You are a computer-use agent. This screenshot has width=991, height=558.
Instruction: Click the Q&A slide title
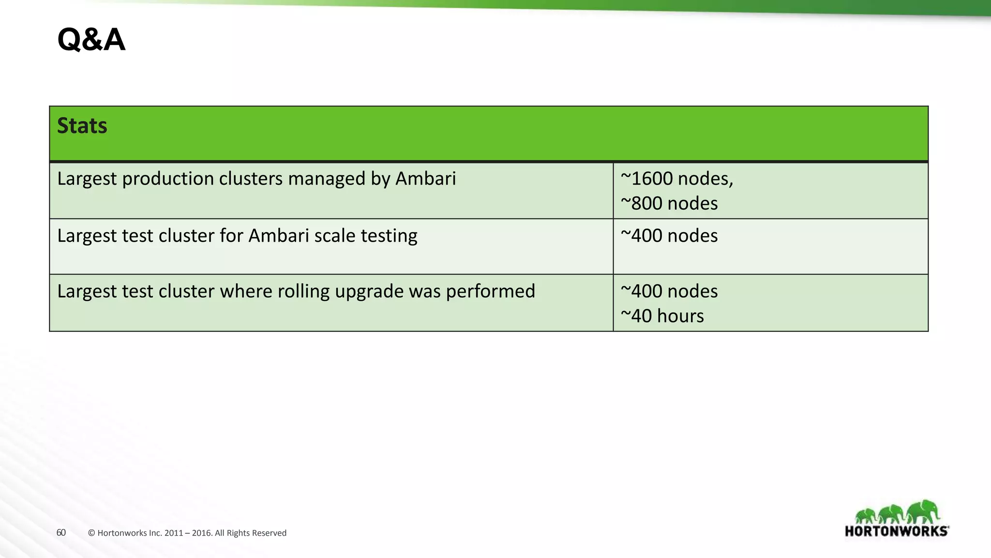(x=91, y=40)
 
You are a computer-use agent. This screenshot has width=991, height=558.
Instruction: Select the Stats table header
(x=82, y=126)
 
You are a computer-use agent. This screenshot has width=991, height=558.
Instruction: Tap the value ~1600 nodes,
(x=676, y=179)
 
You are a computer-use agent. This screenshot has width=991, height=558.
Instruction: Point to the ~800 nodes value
(x=669, y=203)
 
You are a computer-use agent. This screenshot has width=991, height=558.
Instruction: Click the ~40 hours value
(x=662, y=316)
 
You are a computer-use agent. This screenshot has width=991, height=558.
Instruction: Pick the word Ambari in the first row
(x=425, y=179)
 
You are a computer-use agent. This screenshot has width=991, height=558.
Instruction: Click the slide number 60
(x=61, y=533)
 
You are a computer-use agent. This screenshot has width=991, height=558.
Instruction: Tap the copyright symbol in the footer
(x=91, y=533)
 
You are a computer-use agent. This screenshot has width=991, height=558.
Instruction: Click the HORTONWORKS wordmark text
(x=896, y=531)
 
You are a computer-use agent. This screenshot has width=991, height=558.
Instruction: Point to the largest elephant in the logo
(x=923, y=512)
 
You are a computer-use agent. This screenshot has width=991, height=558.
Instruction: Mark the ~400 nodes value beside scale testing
(x=669, y=236)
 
